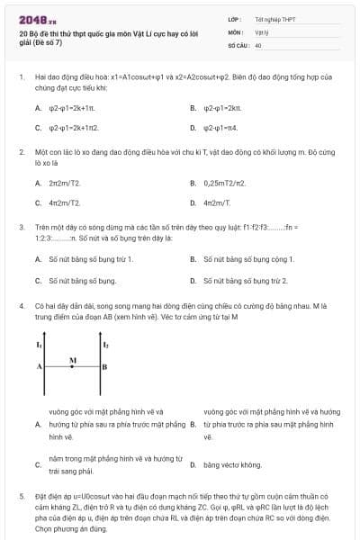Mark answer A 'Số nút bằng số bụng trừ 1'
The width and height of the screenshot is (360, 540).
pos(90,259)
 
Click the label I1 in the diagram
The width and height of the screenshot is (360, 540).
pos(39,345)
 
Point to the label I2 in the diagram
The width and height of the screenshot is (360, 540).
pos(106,345)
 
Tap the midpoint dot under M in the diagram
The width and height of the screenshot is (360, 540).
pos(73,367)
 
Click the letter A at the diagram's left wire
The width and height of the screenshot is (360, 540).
pos(39,367)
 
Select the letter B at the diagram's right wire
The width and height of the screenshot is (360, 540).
pos(105,367)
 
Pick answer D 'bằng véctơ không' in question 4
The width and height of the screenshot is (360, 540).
pos(232,464)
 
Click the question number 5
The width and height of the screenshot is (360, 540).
pos(22,495)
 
